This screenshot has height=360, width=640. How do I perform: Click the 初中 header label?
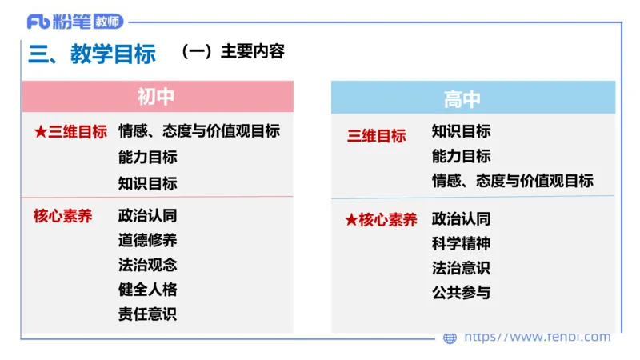(156, 97)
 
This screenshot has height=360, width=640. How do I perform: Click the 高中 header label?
(462, 99)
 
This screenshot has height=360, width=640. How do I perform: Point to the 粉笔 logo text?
(67, 22)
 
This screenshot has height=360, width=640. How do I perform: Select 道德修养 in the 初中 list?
(147, 240)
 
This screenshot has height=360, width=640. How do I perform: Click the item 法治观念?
(147, 265)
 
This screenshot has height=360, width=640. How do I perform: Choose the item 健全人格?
(147, 290)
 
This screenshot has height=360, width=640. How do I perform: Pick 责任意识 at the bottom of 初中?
(147, 314)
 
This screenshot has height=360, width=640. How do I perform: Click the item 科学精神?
(461, 243)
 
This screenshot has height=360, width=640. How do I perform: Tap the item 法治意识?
(461, 268)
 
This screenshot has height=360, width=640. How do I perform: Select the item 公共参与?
(461, 293)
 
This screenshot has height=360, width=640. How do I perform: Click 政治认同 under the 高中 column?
(461, 218)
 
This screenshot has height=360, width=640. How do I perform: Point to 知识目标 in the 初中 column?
(147, 183)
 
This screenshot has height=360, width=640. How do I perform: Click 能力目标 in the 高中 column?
(461, 156)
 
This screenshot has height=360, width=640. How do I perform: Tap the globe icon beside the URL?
(450, 338)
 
